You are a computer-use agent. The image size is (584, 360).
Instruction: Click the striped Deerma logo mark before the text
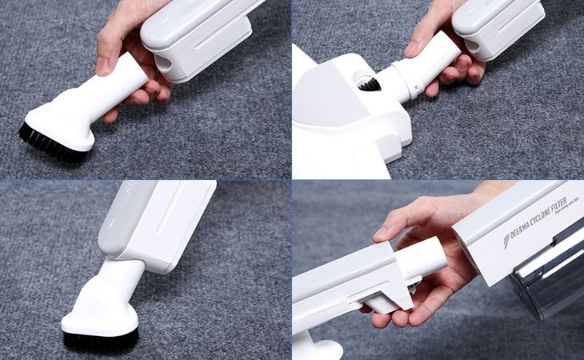[506, 242]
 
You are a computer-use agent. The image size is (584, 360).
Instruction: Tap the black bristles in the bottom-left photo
[100, 338]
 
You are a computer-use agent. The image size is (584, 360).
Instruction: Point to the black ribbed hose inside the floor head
[367, 82]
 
